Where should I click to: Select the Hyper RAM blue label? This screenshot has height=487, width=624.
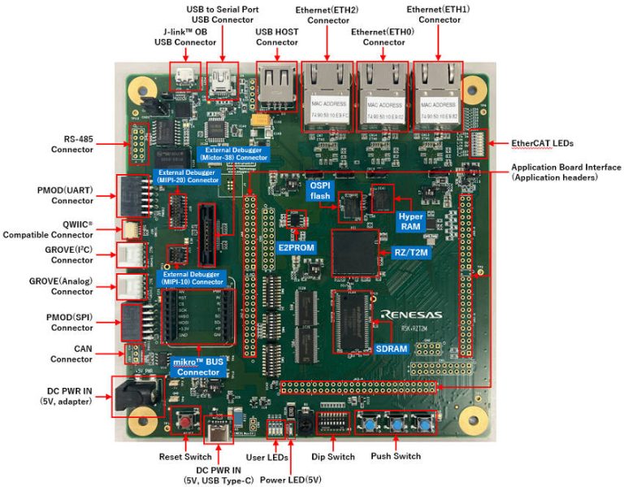click(x=410, y=222)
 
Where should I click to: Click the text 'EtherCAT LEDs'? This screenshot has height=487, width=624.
click(x=542, y=143)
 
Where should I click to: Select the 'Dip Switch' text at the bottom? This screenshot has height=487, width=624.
click(x=334, y=456)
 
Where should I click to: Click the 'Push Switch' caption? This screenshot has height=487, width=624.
click(x=396, y=456)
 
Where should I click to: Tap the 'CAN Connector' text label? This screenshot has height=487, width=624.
click(x=71, y=354)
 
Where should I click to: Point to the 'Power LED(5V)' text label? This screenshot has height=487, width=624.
click(x=290, y=479)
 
